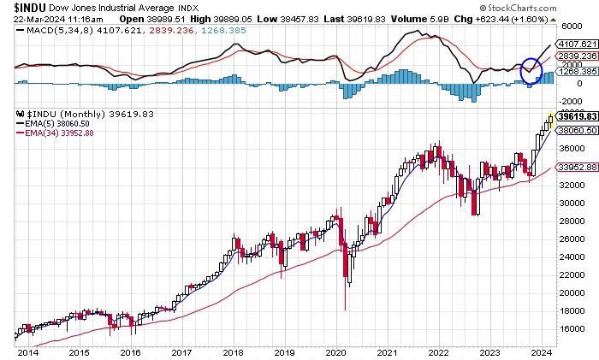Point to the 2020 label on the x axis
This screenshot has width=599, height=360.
[335, 352]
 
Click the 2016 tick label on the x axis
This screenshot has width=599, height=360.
[131, 352]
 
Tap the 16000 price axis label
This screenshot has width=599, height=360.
[570, 329]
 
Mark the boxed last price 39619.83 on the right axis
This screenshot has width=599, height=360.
[574, 115]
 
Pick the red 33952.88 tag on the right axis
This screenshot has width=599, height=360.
[574, 168]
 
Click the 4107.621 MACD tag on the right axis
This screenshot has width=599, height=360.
[574, 43]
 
